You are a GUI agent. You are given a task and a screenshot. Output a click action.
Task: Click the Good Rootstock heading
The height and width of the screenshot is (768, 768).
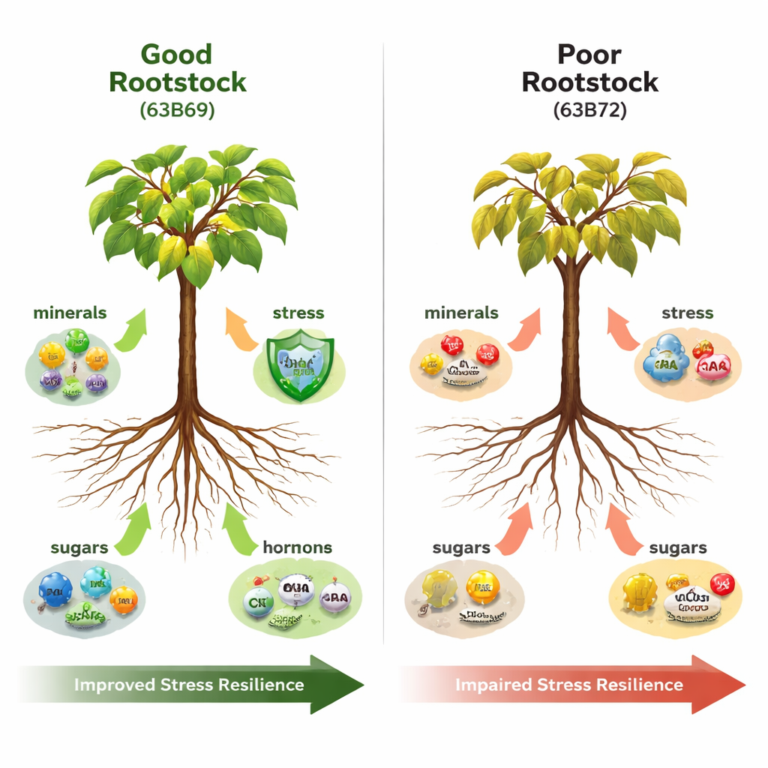(x=178, y=67)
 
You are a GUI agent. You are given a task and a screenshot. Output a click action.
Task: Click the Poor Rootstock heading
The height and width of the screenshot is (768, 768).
(x=590, y=67)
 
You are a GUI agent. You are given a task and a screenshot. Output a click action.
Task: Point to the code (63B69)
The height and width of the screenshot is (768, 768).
(x=178, y=109)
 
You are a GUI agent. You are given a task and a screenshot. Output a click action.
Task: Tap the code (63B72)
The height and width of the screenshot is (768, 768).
(x=590, y=109)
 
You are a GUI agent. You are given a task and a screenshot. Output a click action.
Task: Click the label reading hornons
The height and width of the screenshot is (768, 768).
(x=298, y=547)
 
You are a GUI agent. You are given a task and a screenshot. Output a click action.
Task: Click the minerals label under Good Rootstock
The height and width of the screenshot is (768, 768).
(x=70, y=312)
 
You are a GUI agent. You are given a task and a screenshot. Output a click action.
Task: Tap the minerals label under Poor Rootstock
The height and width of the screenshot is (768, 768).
(x=461, y=312)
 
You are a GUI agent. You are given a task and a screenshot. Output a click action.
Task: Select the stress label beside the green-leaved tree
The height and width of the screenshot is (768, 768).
(x=298, y=312)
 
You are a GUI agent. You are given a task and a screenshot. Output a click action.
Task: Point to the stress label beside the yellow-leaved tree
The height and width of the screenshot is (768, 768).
(x=688, y=312)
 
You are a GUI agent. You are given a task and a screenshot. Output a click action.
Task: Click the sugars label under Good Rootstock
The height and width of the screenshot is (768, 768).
(x=79, y=547)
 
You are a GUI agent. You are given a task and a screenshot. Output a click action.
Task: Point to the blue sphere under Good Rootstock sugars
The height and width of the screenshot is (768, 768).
(x=55, y=589)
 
